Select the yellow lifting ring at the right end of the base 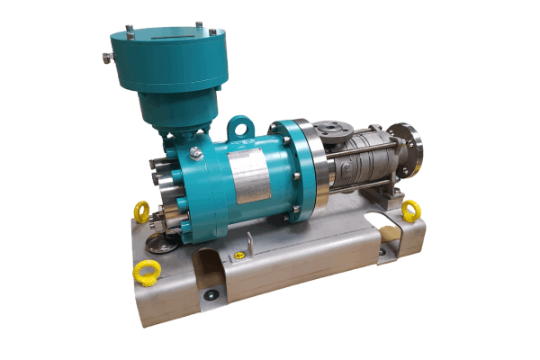tap(411, 211)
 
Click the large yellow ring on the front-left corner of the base tap(144, 271)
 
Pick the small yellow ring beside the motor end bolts tap(141, 211)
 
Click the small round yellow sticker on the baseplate tap(239, 256)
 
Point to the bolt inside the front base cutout tap(210, 293)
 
